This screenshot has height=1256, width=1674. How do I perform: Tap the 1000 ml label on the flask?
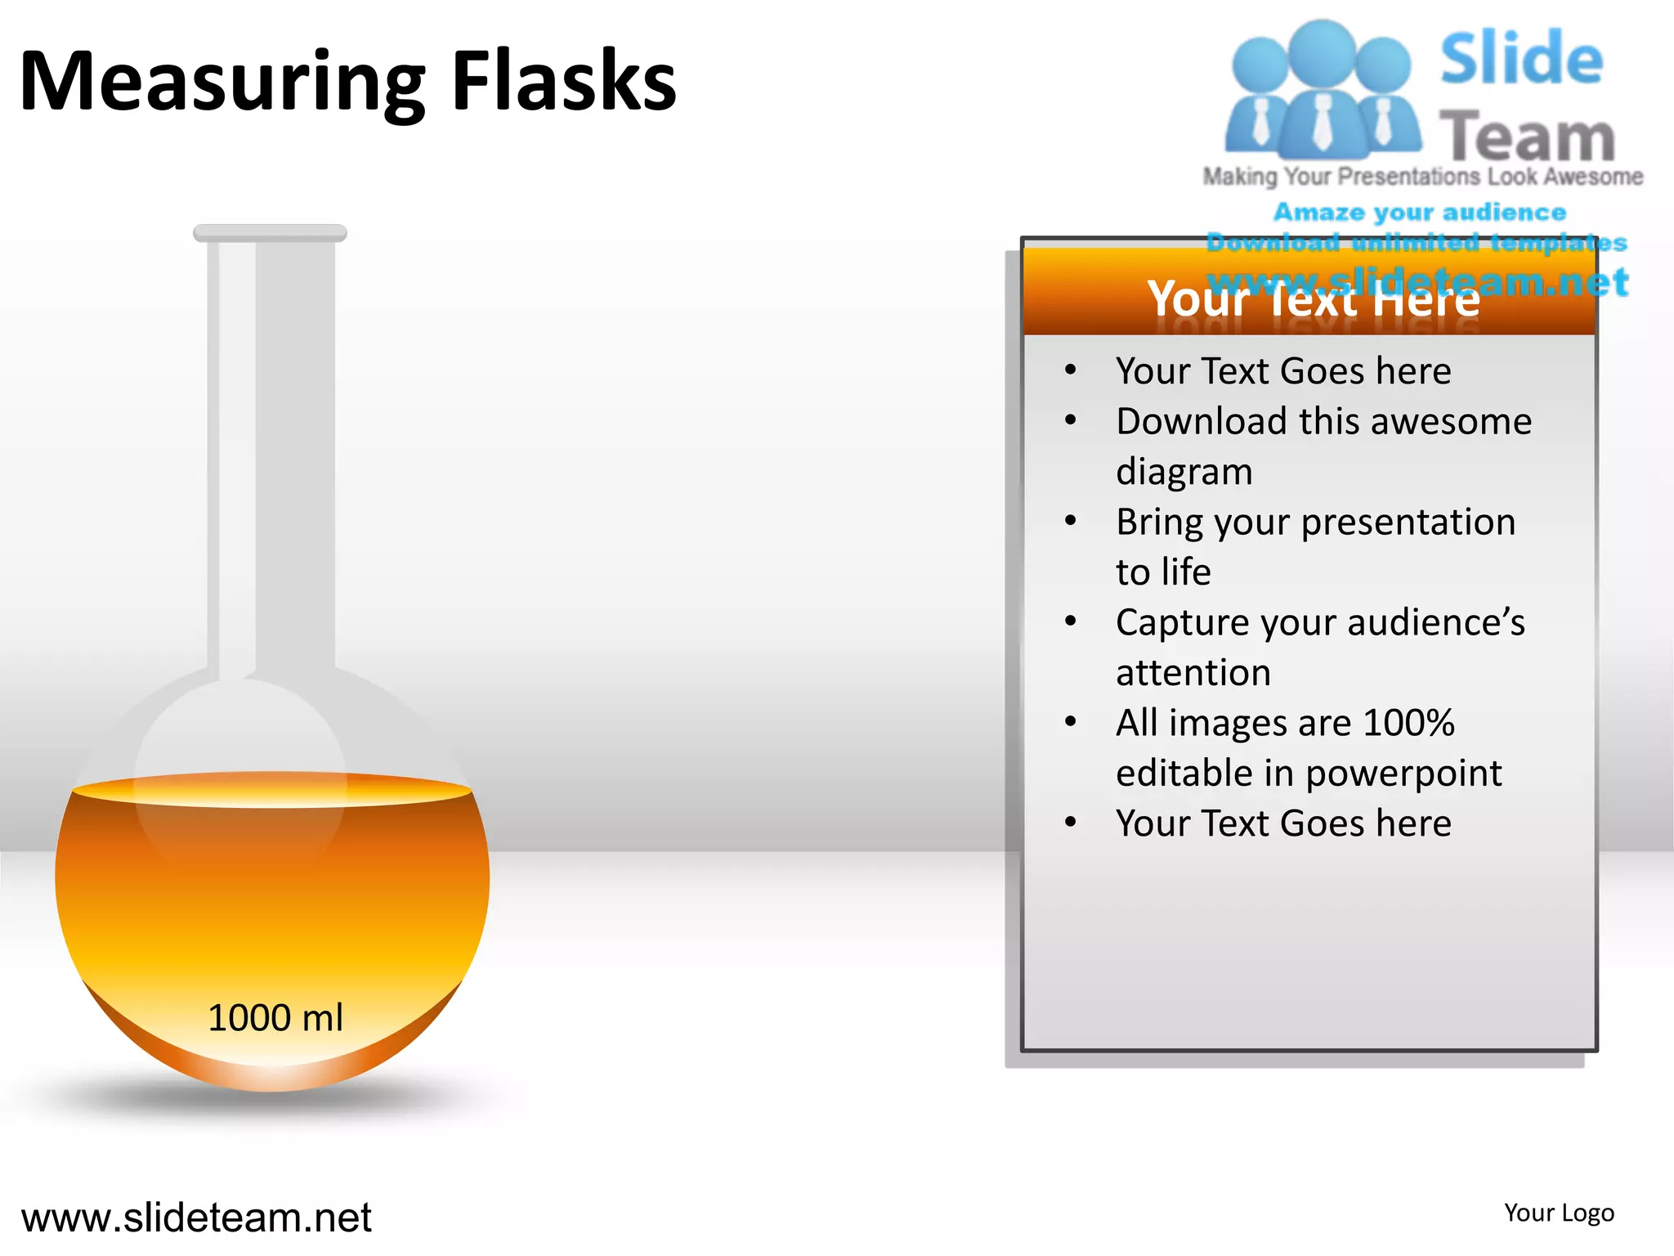(275, 1018)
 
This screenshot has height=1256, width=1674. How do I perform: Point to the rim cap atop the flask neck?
(270, 233)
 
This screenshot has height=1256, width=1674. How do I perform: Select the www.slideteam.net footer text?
(196, 1218)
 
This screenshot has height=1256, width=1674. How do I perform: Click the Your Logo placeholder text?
(1559, 1213)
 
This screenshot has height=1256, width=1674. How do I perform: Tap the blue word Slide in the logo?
(1521, 59)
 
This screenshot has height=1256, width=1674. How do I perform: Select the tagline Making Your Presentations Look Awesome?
(1422, 177)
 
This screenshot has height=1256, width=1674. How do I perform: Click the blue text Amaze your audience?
(1420, 213)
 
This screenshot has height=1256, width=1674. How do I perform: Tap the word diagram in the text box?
(1184, 473)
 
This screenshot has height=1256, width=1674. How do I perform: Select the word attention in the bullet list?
(1193, 673)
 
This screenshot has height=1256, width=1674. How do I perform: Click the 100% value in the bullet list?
(1408, 723)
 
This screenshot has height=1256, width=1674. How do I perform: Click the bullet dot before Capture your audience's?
(1071, 622)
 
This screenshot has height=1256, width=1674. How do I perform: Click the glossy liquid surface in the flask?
(272, 790)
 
